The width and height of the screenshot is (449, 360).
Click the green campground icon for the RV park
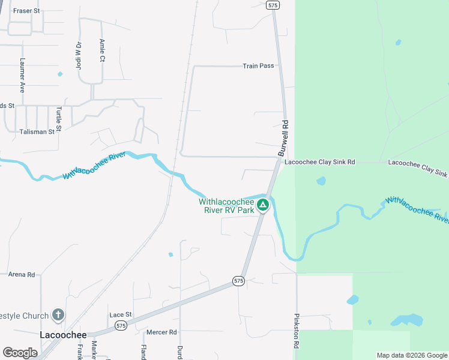(x=262, y=206)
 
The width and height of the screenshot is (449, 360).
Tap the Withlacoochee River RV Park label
(x=226, y=206)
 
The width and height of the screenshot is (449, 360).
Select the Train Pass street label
(x=258, y=66)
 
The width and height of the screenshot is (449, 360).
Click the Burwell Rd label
(x=285, y=139)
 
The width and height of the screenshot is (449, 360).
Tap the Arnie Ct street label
(x=102, y=50)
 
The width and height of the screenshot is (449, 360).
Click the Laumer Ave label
(x=22, y=74)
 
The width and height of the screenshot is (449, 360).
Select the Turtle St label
(x=59, y=119)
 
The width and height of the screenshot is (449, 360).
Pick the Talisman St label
(x=37, y=131)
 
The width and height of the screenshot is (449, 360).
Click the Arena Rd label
(x=22, y=274)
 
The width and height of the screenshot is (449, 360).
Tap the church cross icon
(x=58, y=314)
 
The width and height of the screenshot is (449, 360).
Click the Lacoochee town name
(x=63, y=335)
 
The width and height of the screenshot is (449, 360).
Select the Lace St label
(x=120, y=314)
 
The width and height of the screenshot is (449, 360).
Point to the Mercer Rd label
(x=161, y=332)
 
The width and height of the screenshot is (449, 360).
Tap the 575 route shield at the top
(x=273, y=5)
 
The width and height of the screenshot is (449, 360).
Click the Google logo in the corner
(x=20, y=353)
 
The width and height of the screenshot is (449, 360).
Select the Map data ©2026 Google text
(x=412, y=355)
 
